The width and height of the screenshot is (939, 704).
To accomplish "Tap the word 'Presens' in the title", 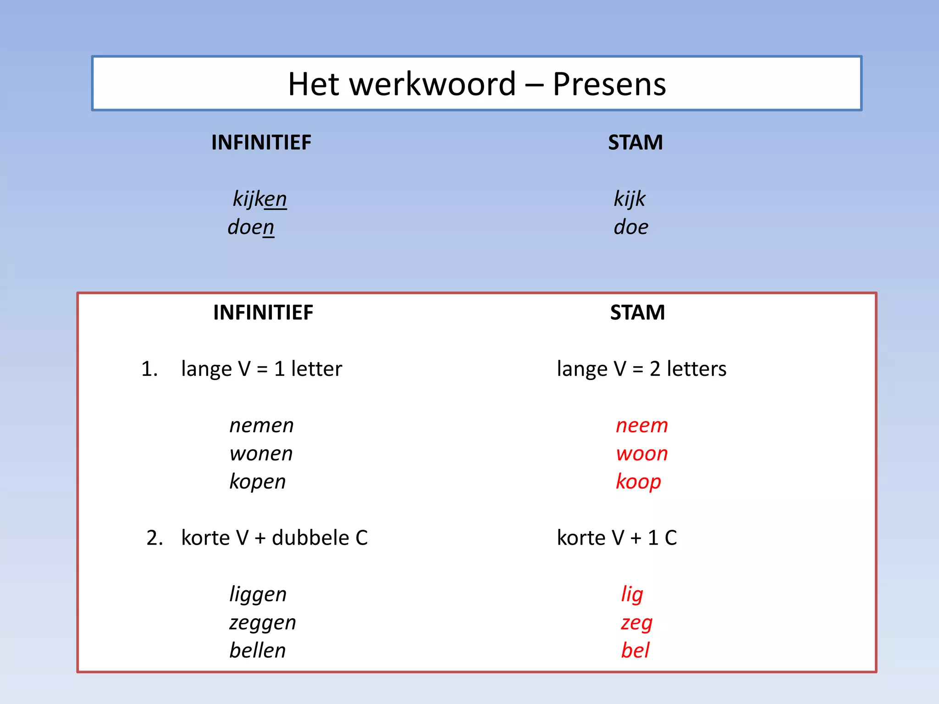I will point(609,84).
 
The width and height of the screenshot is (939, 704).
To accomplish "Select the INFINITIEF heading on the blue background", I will point(261,143).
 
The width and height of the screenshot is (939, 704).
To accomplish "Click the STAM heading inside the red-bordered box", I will point(637,313).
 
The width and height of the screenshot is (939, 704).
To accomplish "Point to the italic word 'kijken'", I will point(260,199).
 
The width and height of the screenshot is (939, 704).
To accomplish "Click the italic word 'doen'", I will point(251,227).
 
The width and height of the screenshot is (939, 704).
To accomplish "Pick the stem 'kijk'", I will point(630,199).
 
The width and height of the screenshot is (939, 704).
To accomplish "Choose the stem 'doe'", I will point(631,227).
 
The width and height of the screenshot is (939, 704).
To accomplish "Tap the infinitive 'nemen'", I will point(261,426).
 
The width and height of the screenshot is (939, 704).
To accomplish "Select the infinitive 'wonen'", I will point(261,454).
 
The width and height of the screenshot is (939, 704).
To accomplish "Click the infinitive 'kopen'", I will point(257,482).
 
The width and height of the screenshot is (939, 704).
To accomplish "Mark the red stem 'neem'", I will point(641,426).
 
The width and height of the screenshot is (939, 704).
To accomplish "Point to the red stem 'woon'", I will point(641,454).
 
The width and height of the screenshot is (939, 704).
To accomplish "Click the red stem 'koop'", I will point(638,482).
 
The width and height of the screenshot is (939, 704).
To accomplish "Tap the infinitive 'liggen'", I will point(258,595).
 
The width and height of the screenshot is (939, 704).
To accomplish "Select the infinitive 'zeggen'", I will point(262,623).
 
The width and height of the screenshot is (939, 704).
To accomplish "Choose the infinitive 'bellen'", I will point(257,650).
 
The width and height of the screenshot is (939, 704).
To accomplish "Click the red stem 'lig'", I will point(632,595).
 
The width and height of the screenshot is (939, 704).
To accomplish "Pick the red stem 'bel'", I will point(635,650).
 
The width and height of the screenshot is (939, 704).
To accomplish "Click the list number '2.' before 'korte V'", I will point(155,538).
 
